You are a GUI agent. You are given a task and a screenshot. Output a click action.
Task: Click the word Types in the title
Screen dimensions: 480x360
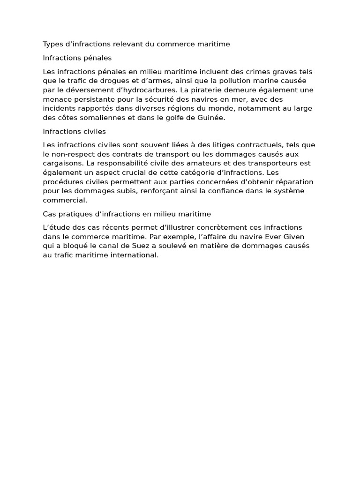tap(52, 44)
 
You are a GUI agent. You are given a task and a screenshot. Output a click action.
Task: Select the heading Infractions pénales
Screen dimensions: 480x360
tap(77, 58)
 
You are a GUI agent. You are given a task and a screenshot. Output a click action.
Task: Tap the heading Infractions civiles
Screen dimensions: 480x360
tap(74, 132)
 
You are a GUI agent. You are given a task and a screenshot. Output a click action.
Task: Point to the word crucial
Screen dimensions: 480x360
tap(140, 172)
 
